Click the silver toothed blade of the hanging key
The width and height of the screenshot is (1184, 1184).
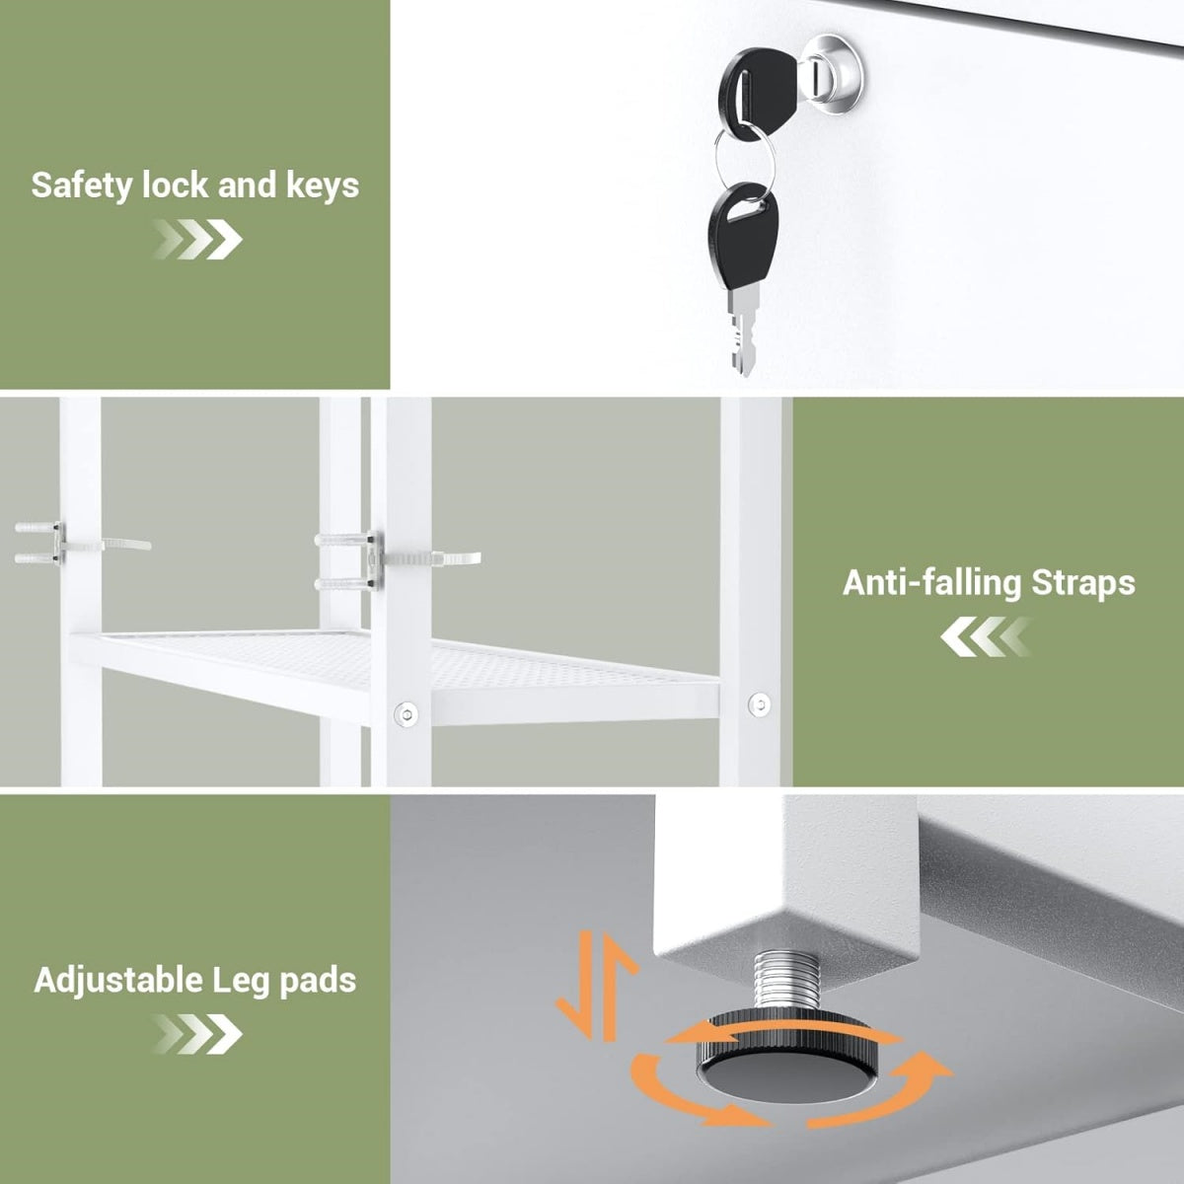coord(744,332)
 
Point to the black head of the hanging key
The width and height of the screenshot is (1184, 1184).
coord(745,238)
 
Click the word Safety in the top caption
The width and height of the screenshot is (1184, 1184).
coord(81,185)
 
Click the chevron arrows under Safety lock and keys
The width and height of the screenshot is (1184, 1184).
coord(197,239)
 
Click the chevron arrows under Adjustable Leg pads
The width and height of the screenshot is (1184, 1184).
coord(197,1033)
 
